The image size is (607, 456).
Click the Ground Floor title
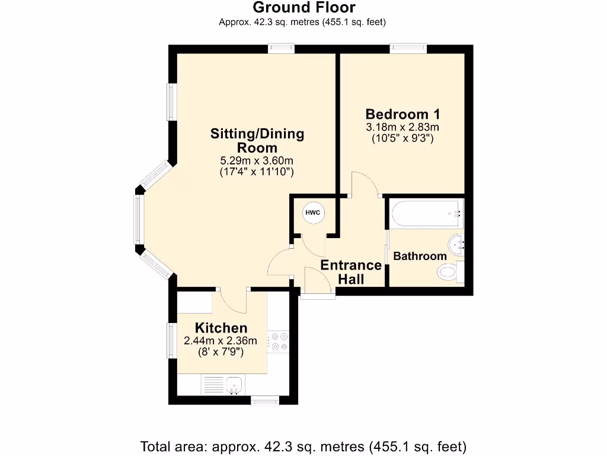(303, 8)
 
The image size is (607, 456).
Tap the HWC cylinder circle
(312, 213)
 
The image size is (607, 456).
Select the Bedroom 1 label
(402, 114)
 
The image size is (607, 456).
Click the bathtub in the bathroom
(424, 214)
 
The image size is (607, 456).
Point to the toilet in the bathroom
(449, 273)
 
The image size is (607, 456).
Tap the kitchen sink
(235, 384)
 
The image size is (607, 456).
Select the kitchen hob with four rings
(277, 343)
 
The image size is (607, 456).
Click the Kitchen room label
(221, 328)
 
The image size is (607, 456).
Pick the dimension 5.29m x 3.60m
(257, 160)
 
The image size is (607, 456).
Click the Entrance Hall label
(351, 272)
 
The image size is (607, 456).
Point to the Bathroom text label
(420, 256)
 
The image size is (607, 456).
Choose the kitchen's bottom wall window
(264, 401)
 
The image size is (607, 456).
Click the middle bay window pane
(138, 220)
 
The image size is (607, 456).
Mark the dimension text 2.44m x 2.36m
(221, 341)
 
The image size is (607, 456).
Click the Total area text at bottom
(303, 446)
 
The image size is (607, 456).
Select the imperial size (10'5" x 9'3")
(402, 138)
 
